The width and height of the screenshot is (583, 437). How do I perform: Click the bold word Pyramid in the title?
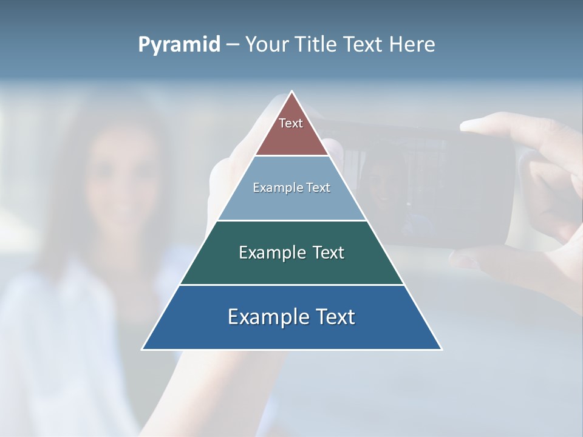coord(179,44)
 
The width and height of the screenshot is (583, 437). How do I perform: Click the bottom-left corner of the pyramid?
coord(143,349)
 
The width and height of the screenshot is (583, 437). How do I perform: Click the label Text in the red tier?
coord(291,123)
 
